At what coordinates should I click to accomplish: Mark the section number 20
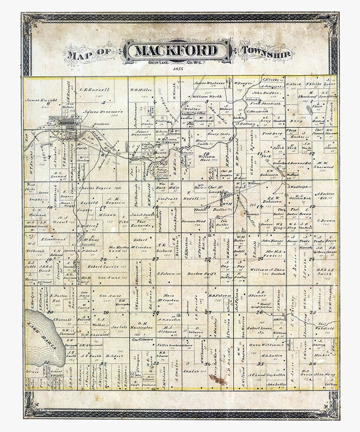pos(103,259)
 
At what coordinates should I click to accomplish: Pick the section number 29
pos(106,312)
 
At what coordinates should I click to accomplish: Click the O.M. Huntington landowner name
pos(143,325)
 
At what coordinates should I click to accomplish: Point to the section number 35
pos(260,364)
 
